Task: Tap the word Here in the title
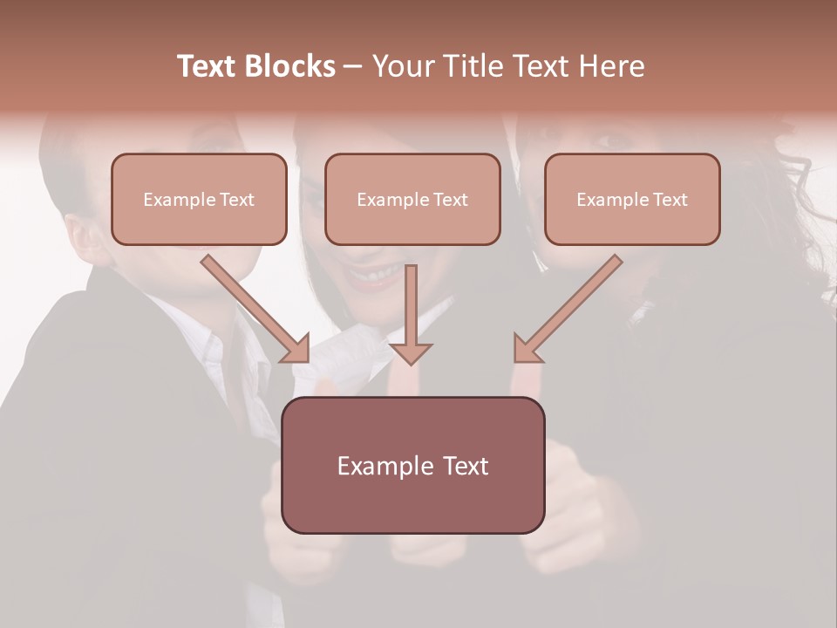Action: [610, 66]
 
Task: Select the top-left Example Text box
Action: [199, 199]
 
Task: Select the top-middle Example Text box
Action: [412, 199]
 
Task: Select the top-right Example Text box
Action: [632, 199]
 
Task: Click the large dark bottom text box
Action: [412, 465]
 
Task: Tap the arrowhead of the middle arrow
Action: [411, 352]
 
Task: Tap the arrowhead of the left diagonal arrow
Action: [297, 349]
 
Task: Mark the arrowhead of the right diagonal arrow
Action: [526, 349]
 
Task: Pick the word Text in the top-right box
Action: [670, 200]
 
